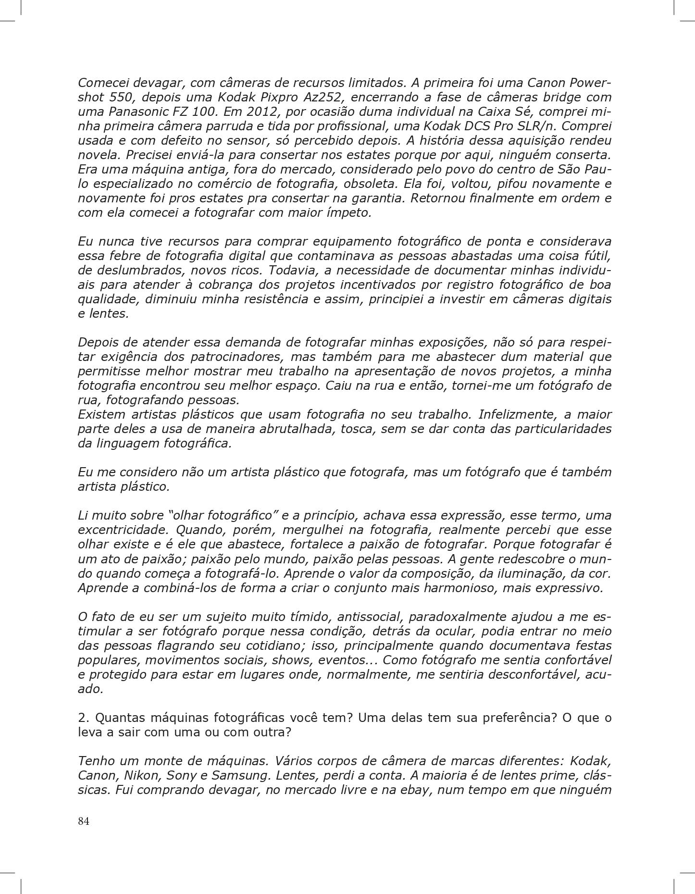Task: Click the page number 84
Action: point(84,821)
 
